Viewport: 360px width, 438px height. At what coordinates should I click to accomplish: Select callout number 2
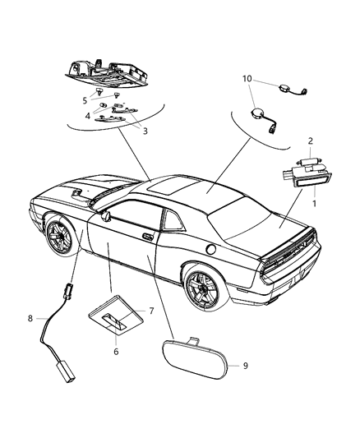tap(309, 141)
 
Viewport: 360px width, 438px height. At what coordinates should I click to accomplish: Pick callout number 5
tap(84, 100)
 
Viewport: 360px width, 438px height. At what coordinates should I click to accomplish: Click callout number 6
tap(117, 350)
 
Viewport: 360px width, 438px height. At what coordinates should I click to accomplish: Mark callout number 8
tap(31, 318)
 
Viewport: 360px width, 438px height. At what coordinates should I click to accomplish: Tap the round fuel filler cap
tap(211, 247)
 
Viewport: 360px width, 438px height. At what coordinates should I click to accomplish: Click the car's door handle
tap(147, 237)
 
